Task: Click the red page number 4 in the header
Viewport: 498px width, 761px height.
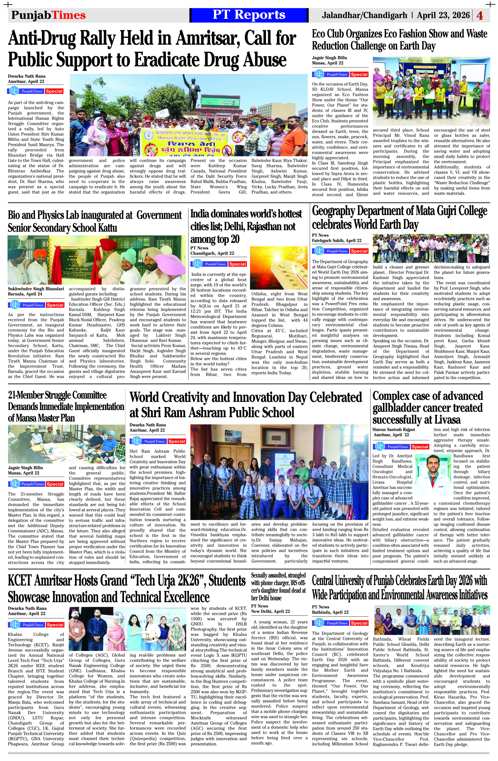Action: tap(480, 16)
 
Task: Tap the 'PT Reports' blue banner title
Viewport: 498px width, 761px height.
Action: tap(249, 15)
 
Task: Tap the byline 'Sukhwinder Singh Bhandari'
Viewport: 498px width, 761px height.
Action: tap(36, 289)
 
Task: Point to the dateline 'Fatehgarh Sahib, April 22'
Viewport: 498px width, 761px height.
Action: tap(337, 241)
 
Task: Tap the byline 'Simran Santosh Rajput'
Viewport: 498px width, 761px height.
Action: tap(393, 429)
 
